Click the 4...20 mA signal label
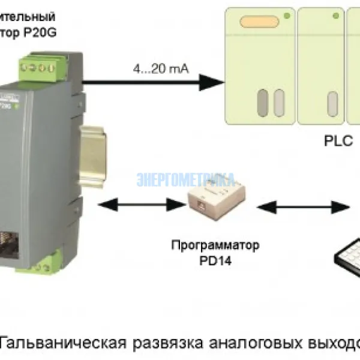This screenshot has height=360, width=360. click(161, 70)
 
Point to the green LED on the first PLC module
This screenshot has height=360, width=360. click(287, 15)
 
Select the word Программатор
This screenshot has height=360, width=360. click(215, 245)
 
